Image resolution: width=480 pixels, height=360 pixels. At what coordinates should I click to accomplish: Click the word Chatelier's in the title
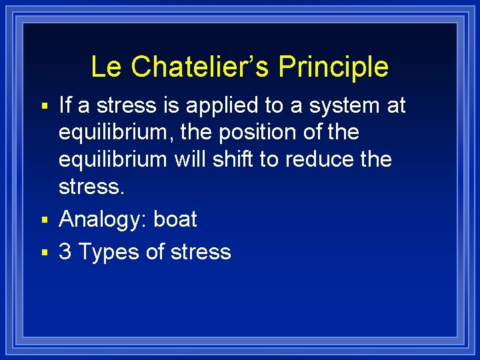(201, 67)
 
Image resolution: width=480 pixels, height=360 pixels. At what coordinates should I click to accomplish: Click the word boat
(175, 219)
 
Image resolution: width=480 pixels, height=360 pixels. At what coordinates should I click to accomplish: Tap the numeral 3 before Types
(65, 252)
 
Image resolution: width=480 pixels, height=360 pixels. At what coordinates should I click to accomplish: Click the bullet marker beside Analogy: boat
(45, 220)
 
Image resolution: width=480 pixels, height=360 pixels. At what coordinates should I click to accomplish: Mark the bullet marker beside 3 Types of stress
(45, 253)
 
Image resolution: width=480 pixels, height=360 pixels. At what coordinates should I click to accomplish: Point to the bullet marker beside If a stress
(45, 106)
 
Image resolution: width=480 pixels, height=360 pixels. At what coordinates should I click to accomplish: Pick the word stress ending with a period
(91, 187)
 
